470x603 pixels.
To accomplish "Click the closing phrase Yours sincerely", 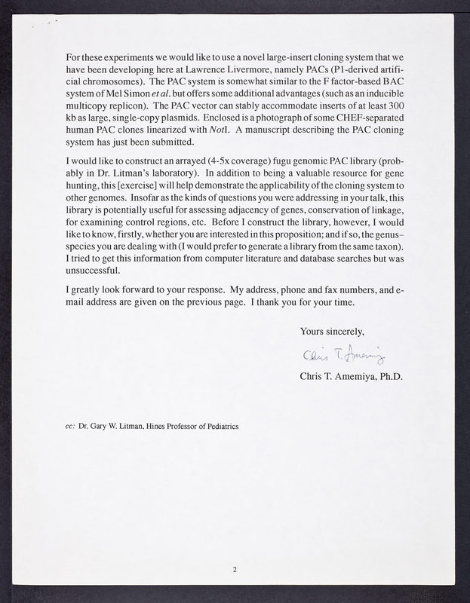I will pos(333,331).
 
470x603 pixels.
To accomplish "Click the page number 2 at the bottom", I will pos(235,570).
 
